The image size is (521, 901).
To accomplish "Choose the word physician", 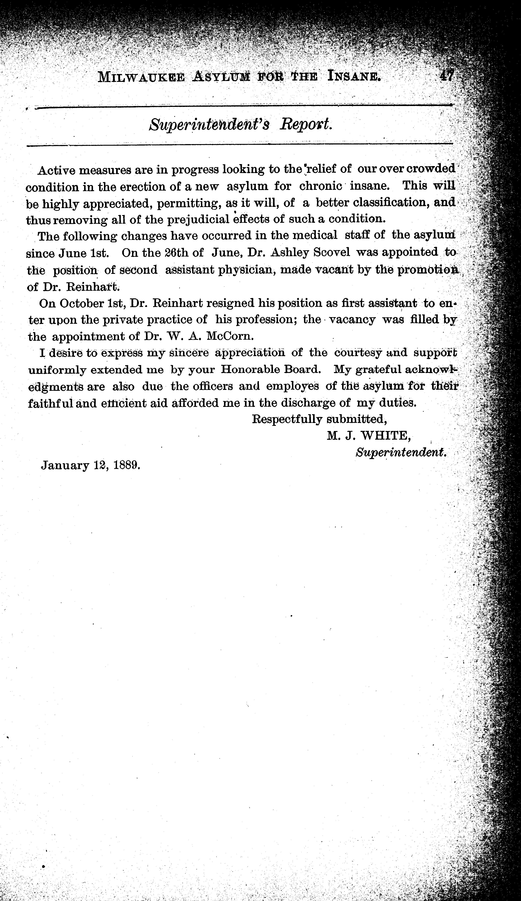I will click(242, 269).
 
